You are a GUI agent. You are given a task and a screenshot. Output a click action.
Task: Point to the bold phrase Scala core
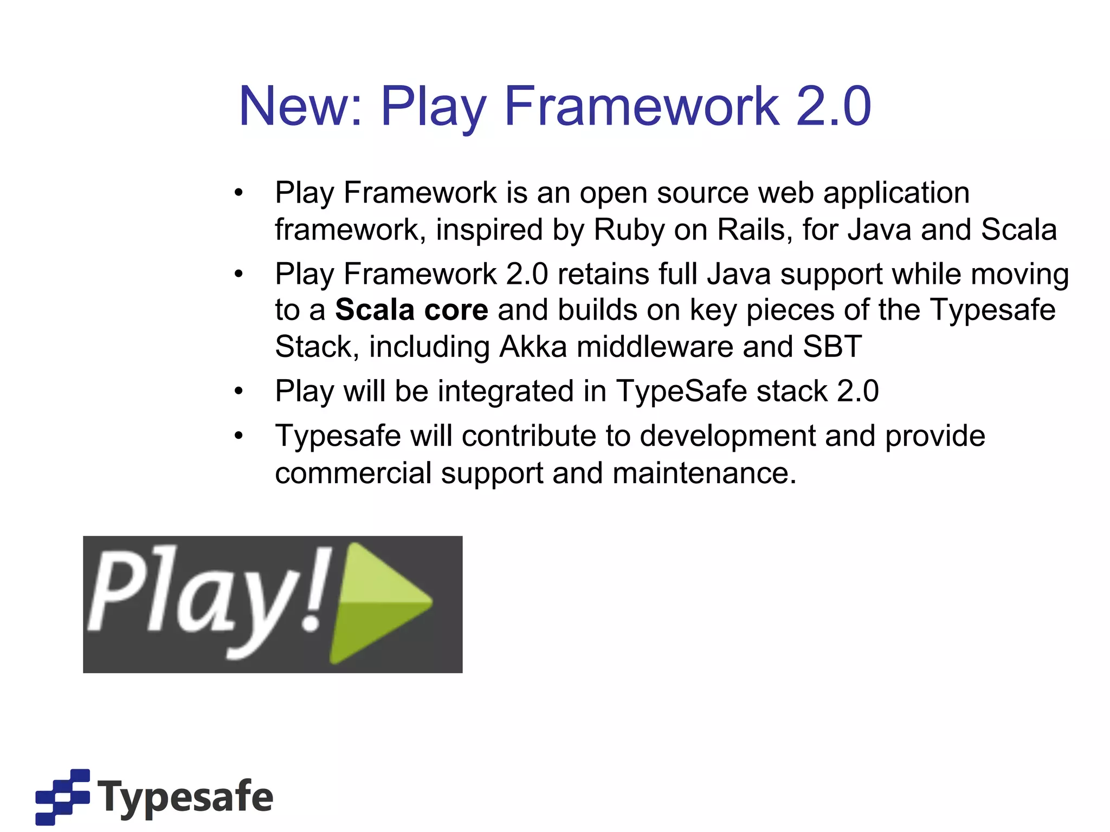[x=411, y=310]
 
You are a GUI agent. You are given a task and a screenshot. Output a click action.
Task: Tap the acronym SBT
[x=832, y=347]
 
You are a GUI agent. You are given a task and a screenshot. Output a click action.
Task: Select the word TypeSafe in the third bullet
[x=682, y=391]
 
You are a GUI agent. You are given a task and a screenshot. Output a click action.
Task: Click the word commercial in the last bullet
[x=353, y=473]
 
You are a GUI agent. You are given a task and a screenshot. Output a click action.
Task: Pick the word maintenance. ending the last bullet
[x=705, y=473]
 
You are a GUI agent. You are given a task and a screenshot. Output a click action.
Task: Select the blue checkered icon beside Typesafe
[x=62, y=797]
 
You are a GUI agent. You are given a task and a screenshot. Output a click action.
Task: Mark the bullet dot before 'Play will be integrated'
[x=238, y=391]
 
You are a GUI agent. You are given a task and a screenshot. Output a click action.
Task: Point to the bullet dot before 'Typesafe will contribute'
[x=238, y=436]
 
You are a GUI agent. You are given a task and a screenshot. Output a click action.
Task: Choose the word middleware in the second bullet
[x=655, y=347]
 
